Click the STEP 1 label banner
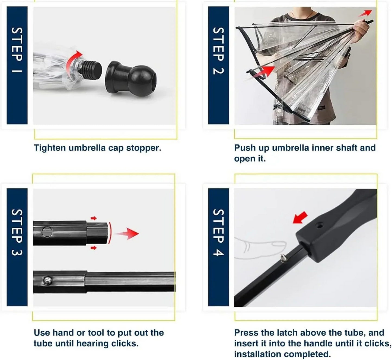point(17,65)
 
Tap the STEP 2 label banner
point(218,65)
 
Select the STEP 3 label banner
point(17,247)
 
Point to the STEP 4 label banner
point(218,247)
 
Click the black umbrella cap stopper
point(130,78)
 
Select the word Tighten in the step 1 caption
point(50,148)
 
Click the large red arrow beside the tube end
point(127,234)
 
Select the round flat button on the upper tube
point(47,232)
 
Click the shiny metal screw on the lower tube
point(47,281)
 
